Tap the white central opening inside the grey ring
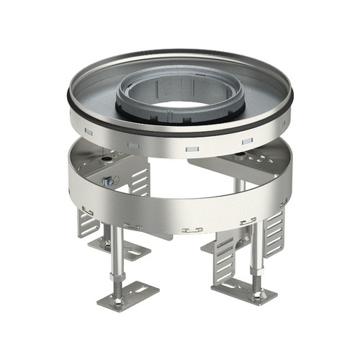point(180,107)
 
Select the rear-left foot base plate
point(115,248)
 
